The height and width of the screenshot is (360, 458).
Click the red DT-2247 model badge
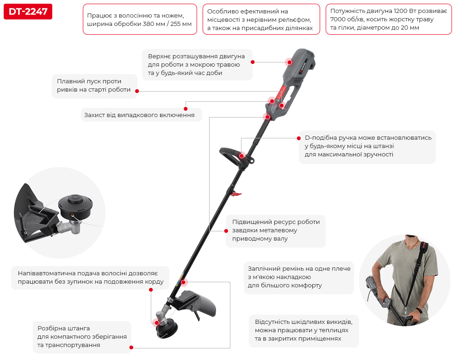coord(28,12)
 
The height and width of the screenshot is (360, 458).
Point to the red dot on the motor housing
coord(290,62)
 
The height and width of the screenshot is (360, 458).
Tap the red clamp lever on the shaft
coord(236,193)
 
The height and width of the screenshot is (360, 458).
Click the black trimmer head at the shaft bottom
coord(167,328)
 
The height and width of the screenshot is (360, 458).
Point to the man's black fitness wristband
coord(419,310)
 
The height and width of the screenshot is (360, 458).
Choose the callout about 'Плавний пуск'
coord(94,86)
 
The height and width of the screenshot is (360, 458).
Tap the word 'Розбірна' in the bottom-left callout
coord(49,328)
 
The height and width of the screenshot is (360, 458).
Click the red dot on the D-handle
coord(241,156)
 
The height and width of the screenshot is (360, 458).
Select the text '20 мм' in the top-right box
coord(410,28)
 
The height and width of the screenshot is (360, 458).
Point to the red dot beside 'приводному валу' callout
coord(226,231)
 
